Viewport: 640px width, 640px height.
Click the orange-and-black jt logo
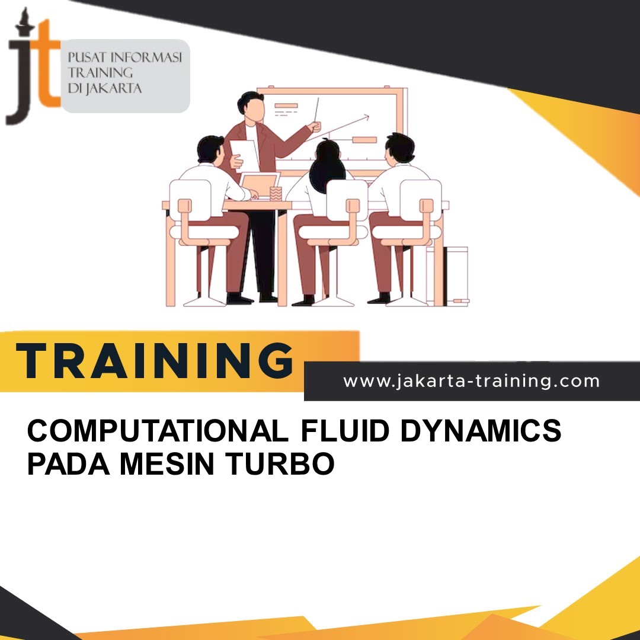[33, 68]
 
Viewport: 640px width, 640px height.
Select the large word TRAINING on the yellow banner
[155, 361]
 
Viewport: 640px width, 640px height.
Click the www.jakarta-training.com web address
[471, 381]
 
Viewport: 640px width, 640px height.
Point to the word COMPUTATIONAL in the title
[158, 431]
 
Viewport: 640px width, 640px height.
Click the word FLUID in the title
[344, 431]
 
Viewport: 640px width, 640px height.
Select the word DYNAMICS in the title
[481, 431]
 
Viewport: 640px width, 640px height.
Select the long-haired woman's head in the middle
[328, 158]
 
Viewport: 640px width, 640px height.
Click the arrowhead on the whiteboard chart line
[366, 117]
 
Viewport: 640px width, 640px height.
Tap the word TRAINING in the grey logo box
[101, 73]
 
